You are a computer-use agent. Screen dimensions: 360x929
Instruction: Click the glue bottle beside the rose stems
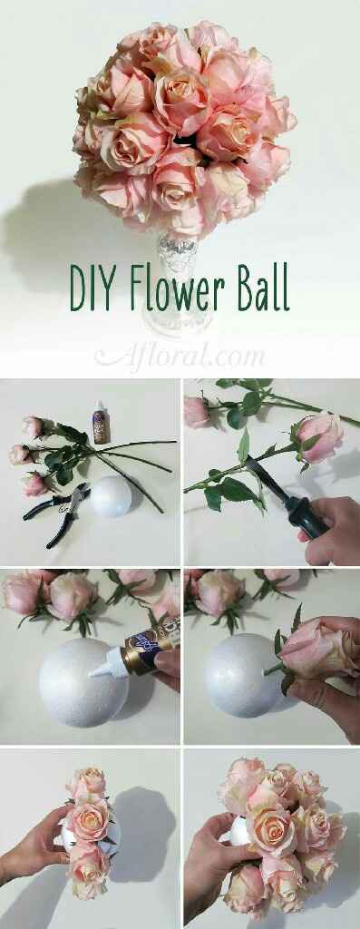100,423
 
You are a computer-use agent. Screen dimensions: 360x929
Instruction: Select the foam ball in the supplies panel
110,496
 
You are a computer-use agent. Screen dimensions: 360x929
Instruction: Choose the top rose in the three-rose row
88,783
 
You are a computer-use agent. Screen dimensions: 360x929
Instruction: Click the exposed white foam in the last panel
238,831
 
